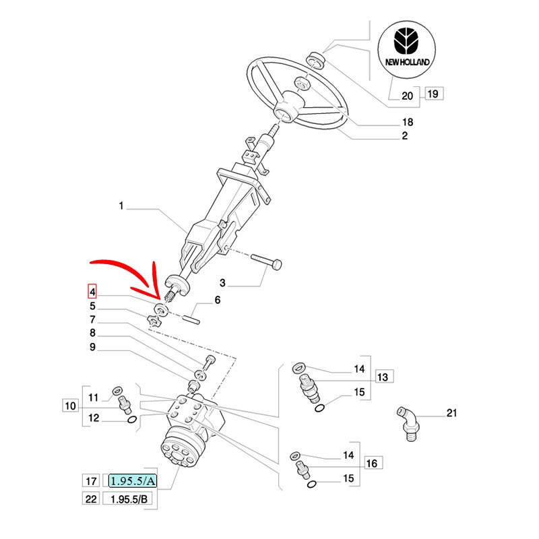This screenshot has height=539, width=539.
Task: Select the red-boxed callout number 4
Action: [x=93, y=292]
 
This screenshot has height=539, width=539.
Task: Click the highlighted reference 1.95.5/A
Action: [x=133, y=481]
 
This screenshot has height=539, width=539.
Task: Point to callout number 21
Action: [x=451, y=412]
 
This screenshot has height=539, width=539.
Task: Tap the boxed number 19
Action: [x=433, y=94]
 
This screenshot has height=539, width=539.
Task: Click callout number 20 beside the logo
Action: [x=407, y=95]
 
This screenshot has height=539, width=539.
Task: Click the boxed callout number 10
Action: [x=71, y=406]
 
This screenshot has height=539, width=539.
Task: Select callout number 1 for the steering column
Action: [x=122, y=207]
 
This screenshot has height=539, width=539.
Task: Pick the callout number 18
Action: [x=406, y=123]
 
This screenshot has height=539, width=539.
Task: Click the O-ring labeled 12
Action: [x=131, y=420]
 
